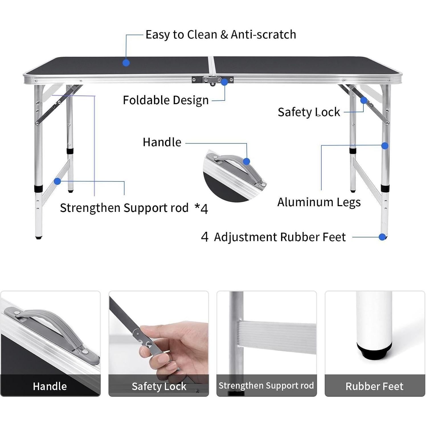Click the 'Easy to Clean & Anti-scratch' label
221,34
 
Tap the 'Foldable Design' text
165,100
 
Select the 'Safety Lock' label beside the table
309,112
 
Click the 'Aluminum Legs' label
319,202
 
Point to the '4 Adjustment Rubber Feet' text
273,237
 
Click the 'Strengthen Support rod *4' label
134,208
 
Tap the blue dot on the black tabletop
126,63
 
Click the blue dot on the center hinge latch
224,82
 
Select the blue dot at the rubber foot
382,237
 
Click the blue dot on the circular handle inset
247,161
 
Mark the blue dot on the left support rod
58,181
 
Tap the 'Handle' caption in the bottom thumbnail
50,386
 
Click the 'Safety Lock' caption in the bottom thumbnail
159,386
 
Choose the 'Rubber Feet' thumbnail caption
374,386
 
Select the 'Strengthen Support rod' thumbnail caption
266,385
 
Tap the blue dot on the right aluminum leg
385,146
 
